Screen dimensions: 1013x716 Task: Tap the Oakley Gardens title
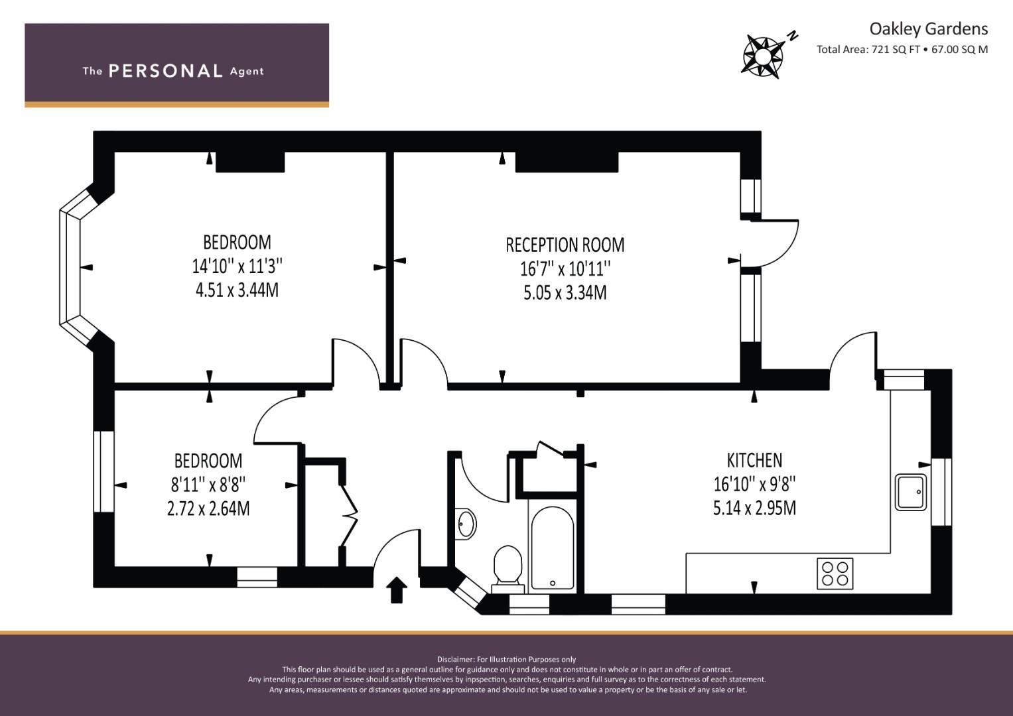(x=929, y=29)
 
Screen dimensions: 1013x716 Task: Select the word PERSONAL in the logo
(x=166, y=71)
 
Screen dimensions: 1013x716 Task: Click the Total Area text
(x=902, y=50)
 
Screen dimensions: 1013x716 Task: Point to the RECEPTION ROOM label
(x=565, y=245)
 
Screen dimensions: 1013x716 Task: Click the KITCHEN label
(x=754, y=460)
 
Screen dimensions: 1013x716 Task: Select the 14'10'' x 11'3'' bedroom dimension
(x=237, y=267)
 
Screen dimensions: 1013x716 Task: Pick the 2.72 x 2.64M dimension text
(x=208, y=508)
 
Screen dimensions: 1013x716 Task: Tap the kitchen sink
(x=911, y=492)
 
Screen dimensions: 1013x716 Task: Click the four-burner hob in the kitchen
(x=835, y=573)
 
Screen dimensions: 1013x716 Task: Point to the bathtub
(x=552, y=548)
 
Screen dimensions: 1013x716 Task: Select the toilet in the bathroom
(x=507, y=569)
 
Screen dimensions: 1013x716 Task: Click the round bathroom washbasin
(x=466, y=524)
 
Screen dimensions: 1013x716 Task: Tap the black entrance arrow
(x=397, y=590)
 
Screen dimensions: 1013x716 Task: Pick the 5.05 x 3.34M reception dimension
(x=565, y=292)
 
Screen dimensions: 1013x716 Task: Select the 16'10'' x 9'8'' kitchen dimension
(x=754, y=484)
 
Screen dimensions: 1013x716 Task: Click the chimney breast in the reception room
(x=567, y=162)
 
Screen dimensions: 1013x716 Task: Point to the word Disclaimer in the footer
(x=455, y=660)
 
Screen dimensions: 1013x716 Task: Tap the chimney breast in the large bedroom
(x=250, y=162)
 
